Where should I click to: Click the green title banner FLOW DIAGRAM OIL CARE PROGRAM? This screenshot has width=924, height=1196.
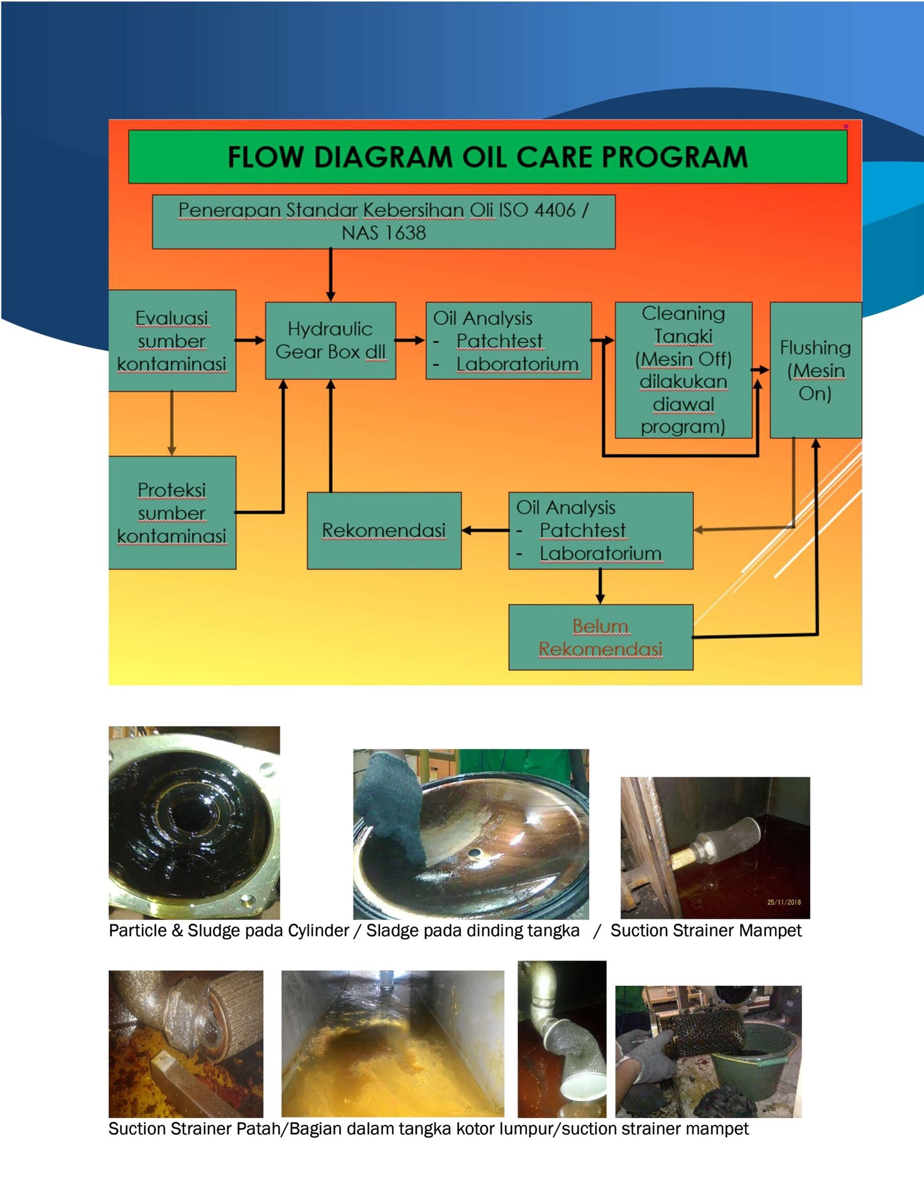[487, 157]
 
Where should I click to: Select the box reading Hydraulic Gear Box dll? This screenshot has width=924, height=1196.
[330, 340]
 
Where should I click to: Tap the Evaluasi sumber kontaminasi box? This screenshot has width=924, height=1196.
[172, 341]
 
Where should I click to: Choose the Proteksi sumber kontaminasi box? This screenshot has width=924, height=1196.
[172, 513]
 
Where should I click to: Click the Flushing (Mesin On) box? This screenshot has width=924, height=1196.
[815, 370]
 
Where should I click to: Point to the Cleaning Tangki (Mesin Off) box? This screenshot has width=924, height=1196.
[683, 370]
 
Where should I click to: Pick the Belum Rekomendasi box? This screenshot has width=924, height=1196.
[601, 638]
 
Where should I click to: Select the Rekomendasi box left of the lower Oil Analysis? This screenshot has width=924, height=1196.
[384, 531]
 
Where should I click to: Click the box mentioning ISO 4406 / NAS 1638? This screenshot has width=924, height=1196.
[383, 222]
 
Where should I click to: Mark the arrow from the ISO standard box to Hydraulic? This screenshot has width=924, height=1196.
[330, 275]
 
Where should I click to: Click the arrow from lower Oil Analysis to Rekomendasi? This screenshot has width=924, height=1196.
[485, 530]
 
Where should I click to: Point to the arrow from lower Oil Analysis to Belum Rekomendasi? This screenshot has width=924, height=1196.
[600, 587]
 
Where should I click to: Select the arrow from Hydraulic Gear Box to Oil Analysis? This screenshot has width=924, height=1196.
[411, 340]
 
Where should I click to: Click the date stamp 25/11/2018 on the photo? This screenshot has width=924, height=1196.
[784, 902]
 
